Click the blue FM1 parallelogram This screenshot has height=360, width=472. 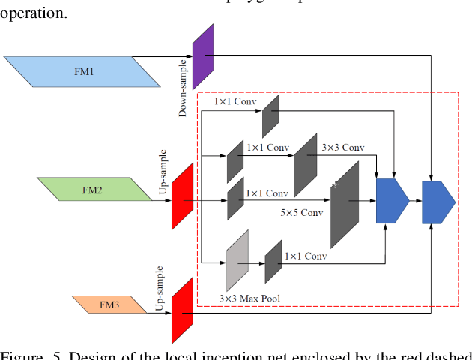(84, 71)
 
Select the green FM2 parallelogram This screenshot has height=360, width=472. (93, 190)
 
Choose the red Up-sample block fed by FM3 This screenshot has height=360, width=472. (182, 310)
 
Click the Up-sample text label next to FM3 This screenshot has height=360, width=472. (159, 288)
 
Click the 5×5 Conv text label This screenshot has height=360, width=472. (301, 213)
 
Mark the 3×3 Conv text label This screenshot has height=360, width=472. (342, 147)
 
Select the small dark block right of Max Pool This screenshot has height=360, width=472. (273, 261)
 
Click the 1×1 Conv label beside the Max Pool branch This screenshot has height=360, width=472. (306, 256)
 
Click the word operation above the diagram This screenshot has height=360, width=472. (34, 13)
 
